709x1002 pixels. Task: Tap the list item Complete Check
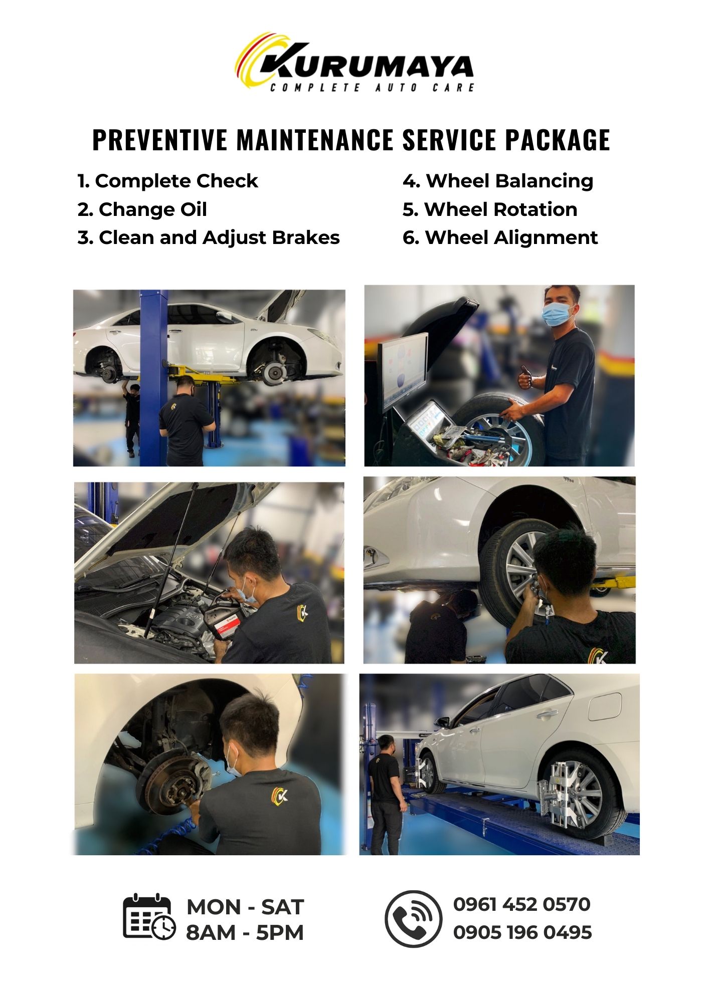point(167,181)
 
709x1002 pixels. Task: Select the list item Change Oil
point(142,209)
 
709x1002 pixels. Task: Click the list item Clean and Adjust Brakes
point(209,237)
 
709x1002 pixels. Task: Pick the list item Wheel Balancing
point(497,181)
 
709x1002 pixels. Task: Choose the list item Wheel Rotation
point(489,209)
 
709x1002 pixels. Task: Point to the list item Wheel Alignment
point(500,237)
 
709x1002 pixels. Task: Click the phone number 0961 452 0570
point(521,904)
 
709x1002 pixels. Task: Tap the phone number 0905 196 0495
point(522,932)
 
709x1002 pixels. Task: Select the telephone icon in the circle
point(414,919)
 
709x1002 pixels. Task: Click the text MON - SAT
point(245,907)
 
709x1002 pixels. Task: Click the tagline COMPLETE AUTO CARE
point(372,88)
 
